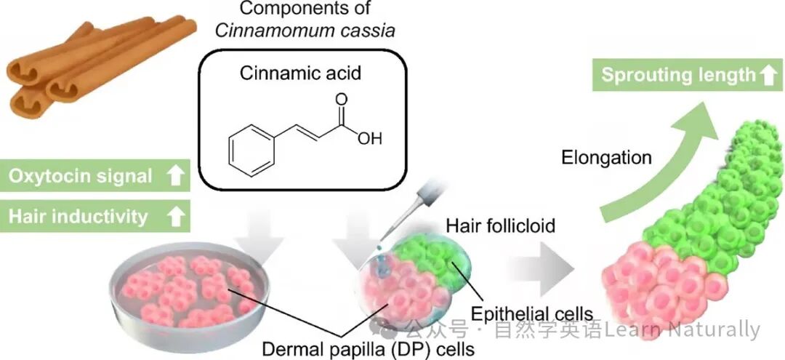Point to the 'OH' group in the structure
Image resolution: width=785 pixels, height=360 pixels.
[x=369, y=138]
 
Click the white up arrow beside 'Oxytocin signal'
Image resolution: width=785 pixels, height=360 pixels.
[x=174, y=176]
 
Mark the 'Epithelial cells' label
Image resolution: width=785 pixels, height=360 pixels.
[x=531, y=314]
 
